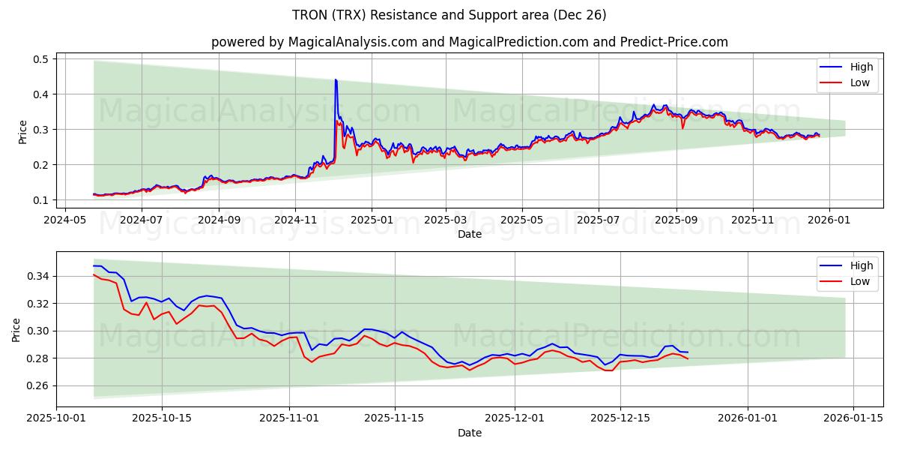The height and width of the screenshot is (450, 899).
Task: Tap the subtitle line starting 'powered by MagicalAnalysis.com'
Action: coord(470,42)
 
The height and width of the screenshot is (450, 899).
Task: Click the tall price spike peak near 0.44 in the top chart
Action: coord(335,79)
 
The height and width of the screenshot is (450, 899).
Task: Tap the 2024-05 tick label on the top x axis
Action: coord(64,220)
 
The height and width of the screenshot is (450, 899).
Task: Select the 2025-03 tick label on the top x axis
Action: coord(446,220)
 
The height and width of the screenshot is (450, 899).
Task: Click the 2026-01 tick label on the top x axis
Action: coord(829,220)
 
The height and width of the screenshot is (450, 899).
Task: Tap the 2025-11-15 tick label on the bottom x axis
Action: coord(394,419)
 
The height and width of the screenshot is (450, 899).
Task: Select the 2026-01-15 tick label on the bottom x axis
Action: coord(853,419)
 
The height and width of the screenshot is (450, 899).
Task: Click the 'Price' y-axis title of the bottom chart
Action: coord(16,329)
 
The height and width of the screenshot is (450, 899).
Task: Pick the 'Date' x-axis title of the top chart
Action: coord(470,234)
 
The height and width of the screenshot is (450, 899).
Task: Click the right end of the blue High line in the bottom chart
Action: coord(688,352)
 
